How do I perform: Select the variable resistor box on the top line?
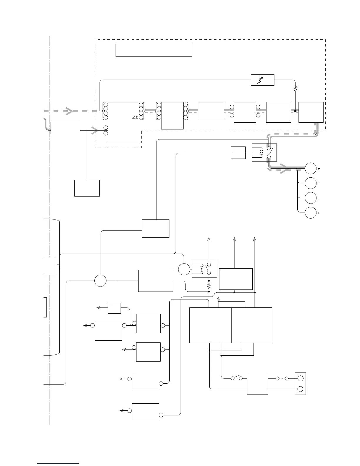point(262,80)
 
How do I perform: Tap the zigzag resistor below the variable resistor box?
point(295,88)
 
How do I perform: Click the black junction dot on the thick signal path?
point(295,111)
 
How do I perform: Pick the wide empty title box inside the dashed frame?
point(154,50)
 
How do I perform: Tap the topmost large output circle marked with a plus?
point(311,169)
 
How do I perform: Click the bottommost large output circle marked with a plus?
point(311,212)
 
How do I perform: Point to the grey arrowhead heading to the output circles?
point(284,170)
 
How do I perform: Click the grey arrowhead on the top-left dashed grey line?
point(69,111)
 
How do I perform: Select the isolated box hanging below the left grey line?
point(87,188)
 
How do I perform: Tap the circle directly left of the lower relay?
point(184,269)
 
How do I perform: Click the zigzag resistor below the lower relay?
point(209,285)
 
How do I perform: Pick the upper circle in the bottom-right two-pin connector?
point(301,378)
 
